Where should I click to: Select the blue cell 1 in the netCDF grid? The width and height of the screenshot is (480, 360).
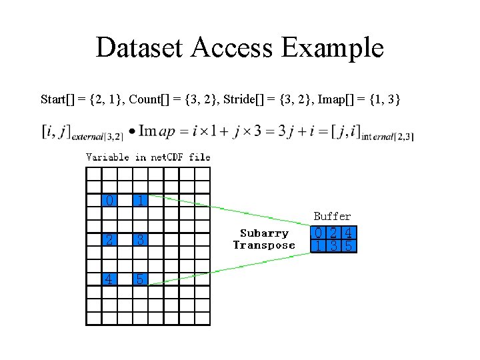(140, 200)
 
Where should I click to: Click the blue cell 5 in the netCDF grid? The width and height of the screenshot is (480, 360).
(140, 279)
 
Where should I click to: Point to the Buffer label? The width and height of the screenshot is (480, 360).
(332, 216)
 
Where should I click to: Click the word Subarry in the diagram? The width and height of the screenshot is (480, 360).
(264, 233)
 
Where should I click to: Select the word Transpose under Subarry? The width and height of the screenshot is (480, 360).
(264, 245)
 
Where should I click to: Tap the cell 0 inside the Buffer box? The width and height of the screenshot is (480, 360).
(319, 233)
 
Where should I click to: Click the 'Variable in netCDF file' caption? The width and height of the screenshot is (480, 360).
(148, 157)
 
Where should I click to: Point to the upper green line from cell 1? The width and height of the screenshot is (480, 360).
(227, 212)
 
